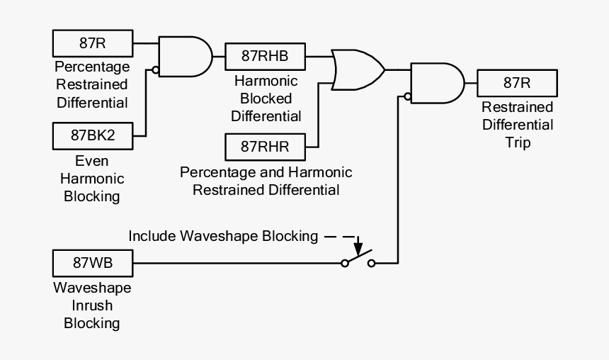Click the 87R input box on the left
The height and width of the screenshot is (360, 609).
pyautogui.click(x=93, y=43)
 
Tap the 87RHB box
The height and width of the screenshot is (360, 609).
pyautogui.click(x=265, y=53)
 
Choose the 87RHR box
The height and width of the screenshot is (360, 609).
pyautogui.click(x=265, y=147)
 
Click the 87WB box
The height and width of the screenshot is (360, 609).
pyautogui.click(x=93, y=263)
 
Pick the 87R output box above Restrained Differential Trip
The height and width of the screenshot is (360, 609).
pyautogui.click(x=516, y=82)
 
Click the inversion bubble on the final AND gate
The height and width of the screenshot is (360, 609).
pyautogui.click(x=408, y=96)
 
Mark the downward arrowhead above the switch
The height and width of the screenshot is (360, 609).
pyautogui.click(x=358, y=249)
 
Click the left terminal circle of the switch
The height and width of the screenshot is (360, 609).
pyautogui.click(x=345, y=264)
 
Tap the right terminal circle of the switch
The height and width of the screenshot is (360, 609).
pyautogui.click(x=371, y=264)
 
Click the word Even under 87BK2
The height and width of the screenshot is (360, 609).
pyautogui.click(x=92, y=160)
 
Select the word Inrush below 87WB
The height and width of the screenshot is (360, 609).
pyautogui.click(x=92, y=306)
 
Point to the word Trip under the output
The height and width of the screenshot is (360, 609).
pyautogui.click(x=516, y=142)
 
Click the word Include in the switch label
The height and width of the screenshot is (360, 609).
pyautogui.click(x=152, y=236)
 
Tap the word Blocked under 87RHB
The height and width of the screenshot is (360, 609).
pyautogui.click(x=266, y=99)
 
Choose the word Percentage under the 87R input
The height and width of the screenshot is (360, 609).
pyautogui.click(x=92, y=67)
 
